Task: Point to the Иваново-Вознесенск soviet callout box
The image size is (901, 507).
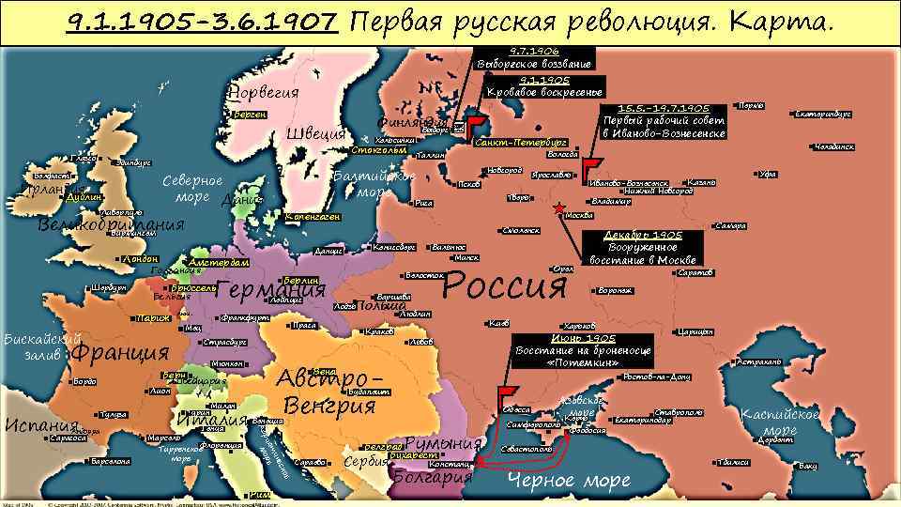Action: (664, 122)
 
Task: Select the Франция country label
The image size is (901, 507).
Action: (119, 353)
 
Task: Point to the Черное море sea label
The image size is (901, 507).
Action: (568, 481)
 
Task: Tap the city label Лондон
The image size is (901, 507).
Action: (141, 259)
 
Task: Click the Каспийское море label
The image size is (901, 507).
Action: (780, 422)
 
